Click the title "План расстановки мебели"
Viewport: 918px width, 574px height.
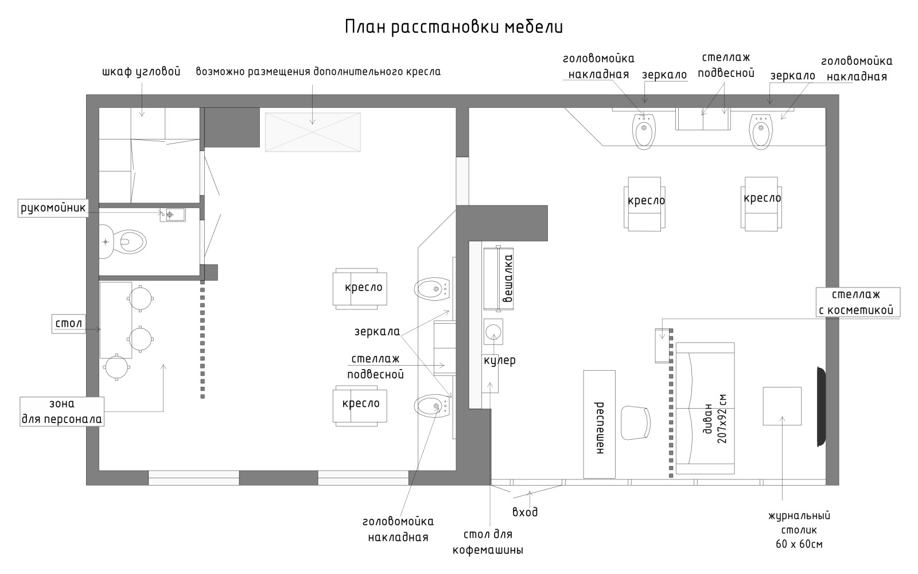pos(453,27)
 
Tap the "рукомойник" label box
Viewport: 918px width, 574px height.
pos(53,208)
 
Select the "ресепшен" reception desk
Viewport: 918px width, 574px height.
pos(599,424)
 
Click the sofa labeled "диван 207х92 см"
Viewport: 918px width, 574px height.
pos(705,408)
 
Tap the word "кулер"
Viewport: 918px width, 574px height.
pos(499,360)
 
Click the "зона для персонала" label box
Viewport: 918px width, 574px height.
pos(62,411)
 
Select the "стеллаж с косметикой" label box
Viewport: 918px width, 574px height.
pos(858,302)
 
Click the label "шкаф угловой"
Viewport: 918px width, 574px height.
pos(141,72)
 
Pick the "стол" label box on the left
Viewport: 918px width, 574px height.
pos(68,323)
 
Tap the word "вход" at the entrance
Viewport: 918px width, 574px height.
pos(524,511)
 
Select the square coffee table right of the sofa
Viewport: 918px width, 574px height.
pos(781,406)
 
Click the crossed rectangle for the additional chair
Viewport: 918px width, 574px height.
pos(313,132)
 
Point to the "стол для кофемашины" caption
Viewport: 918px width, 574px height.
pos(488,542)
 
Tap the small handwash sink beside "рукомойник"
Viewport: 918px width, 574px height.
pos(173,215)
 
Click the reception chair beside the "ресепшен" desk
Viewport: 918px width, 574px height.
pos(636,422)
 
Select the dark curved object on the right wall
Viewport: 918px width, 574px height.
pos(821,406)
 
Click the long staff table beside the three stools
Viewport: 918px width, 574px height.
pos(116,320)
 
